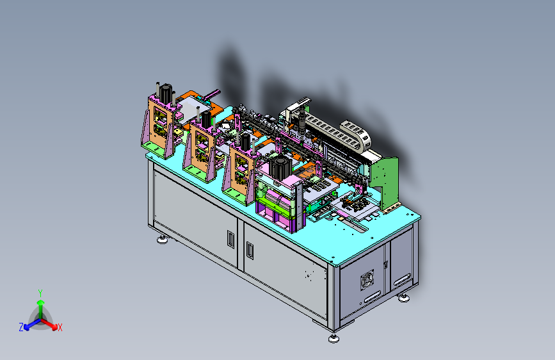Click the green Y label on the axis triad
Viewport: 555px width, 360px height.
point(40,293)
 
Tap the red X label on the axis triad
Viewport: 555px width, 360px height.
point(60,328)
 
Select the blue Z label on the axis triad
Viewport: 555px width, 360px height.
point(21,327)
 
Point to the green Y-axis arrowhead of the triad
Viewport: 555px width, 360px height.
point(41,303)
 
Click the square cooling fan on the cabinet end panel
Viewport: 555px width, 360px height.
point(367,279)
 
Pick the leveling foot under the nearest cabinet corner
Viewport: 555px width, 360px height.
point(334,339)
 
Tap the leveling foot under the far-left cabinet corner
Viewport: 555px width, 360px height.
point(163,240)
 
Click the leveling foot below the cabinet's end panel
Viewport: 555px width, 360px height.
point(404,298)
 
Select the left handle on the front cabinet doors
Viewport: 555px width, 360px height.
point(231,239)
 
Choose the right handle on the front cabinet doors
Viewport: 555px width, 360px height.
point(250,250)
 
